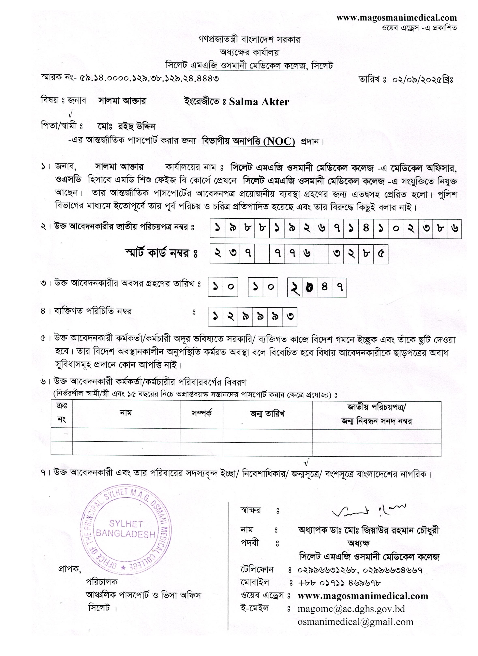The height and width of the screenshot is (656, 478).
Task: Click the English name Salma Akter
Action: (259, 102)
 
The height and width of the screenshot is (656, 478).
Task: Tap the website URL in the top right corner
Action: (396, 18)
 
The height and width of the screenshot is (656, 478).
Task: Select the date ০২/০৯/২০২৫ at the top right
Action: (422, 79)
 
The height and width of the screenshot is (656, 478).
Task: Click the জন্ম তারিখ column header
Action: (267, 414)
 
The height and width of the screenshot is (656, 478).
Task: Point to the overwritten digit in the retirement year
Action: (310, 287)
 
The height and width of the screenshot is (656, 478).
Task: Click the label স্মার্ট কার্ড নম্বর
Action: (161, 253)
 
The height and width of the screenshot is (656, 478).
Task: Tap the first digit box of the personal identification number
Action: (215, 317)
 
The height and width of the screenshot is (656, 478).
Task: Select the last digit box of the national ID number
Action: (454, 228)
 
